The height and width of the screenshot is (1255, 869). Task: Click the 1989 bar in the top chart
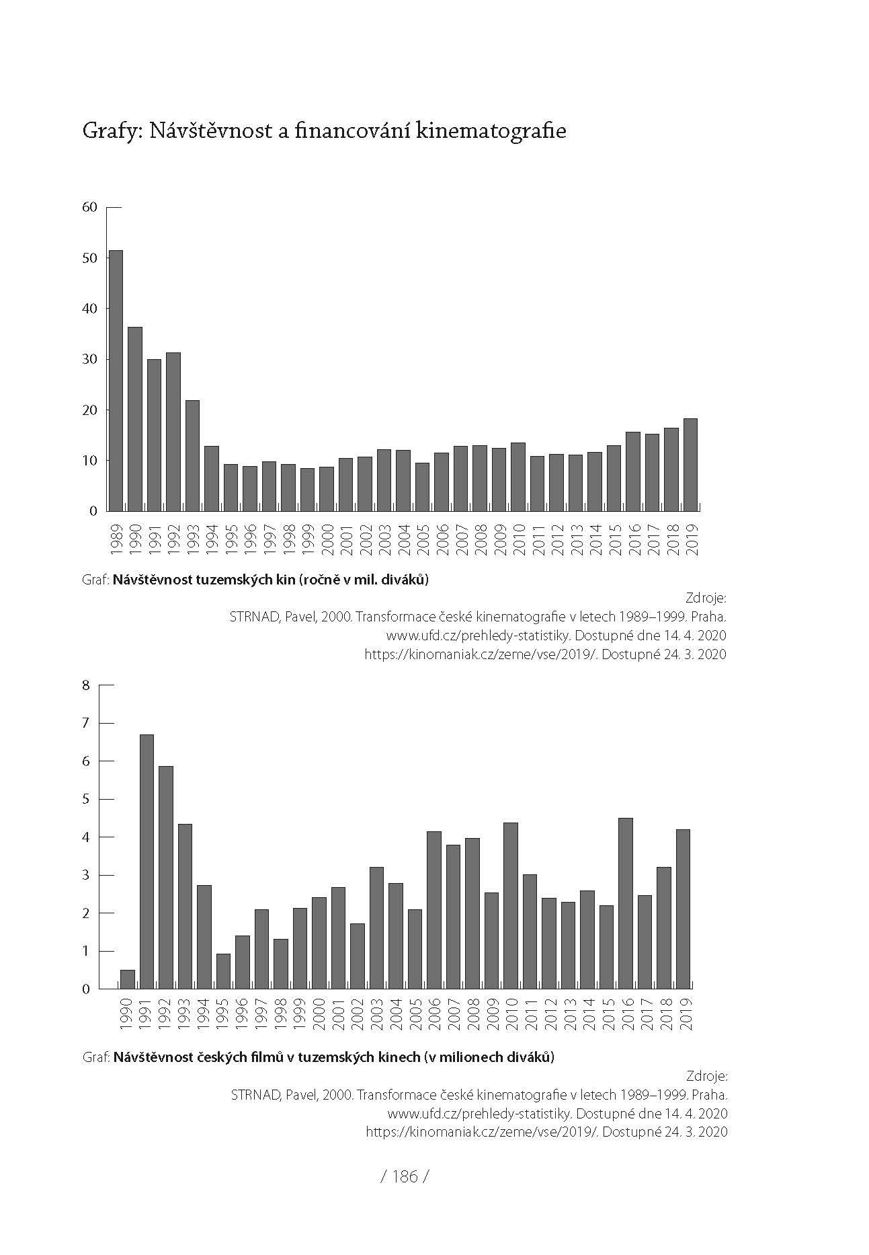click(x=116, y=380)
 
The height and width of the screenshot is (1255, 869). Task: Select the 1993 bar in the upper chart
click(x=192, y=455)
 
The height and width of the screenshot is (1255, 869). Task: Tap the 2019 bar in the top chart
click(x=690, y=464)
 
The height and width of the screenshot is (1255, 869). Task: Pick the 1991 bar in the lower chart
click(x=147, y=862)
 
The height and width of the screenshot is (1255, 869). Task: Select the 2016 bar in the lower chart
click(x=625, y=903)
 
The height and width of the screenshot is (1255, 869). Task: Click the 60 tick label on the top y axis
click(x=89, y=207)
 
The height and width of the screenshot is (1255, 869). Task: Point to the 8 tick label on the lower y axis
click(x=85, y=685)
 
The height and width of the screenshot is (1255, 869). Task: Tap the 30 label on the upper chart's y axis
click(x=89, y=359)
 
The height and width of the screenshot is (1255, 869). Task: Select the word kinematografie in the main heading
click(x=491, y=130)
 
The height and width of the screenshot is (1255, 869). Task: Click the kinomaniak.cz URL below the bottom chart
click(x=482, y=1131)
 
